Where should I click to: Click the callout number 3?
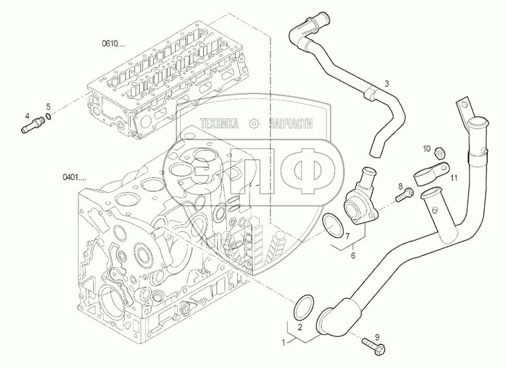tap(386, 84)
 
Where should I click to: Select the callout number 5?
tap(48, 106)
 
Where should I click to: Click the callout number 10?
tap(426, 148)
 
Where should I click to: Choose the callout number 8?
tap(401, 186)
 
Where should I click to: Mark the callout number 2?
tap(300, 327)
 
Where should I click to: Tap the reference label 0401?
tap(75, 178)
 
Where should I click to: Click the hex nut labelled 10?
tap(441, 152)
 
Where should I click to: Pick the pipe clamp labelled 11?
tap(432, 173)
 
